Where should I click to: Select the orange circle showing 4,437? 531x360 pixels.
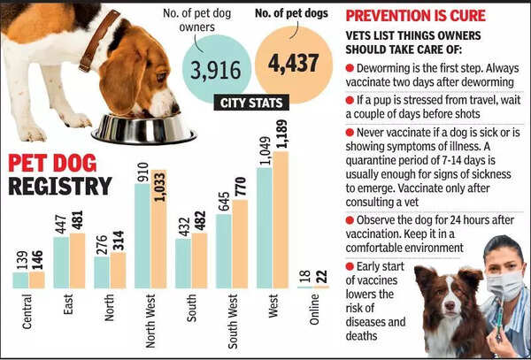(x=293, y=64)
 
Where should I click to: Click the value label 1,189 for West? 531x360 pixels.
(x=281, y=132)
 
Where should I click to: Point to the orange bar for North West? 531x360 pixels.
(x=158, y=229)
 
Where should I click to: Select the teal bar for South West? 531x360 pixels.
(x=223, y=250)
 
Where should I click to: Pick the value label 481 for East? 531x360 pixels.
(x=77, y=218)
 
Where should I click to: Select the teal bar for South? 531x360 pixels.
(x=183, y=263)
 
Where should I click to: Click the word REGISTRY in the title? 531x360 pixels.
(x=60, y=186)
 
